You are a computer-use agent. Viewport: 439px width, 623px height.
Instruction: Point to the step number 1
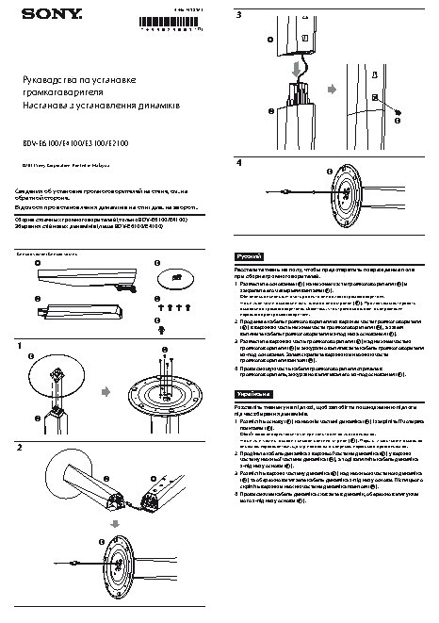click(x=20, y=347)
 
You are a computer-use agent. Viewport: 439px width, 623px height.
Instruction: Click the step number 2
click(x=20, y=447)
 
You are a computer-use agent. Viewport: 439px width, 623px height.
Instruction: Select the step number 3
click(x=239, y=16)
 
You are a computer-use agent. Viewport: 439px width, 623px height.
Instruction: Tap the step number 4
click(x=239, y=163)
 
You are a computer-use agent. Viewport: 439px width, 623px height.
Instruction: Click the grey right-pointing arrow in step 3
click(x=328, y=102)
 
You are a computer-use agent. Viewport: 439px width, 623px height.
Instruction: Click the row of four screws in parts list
click(x=172, y=308)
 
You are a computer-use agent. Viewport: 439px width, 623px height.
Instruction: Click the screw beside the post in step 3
click(x=397, y=121)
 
